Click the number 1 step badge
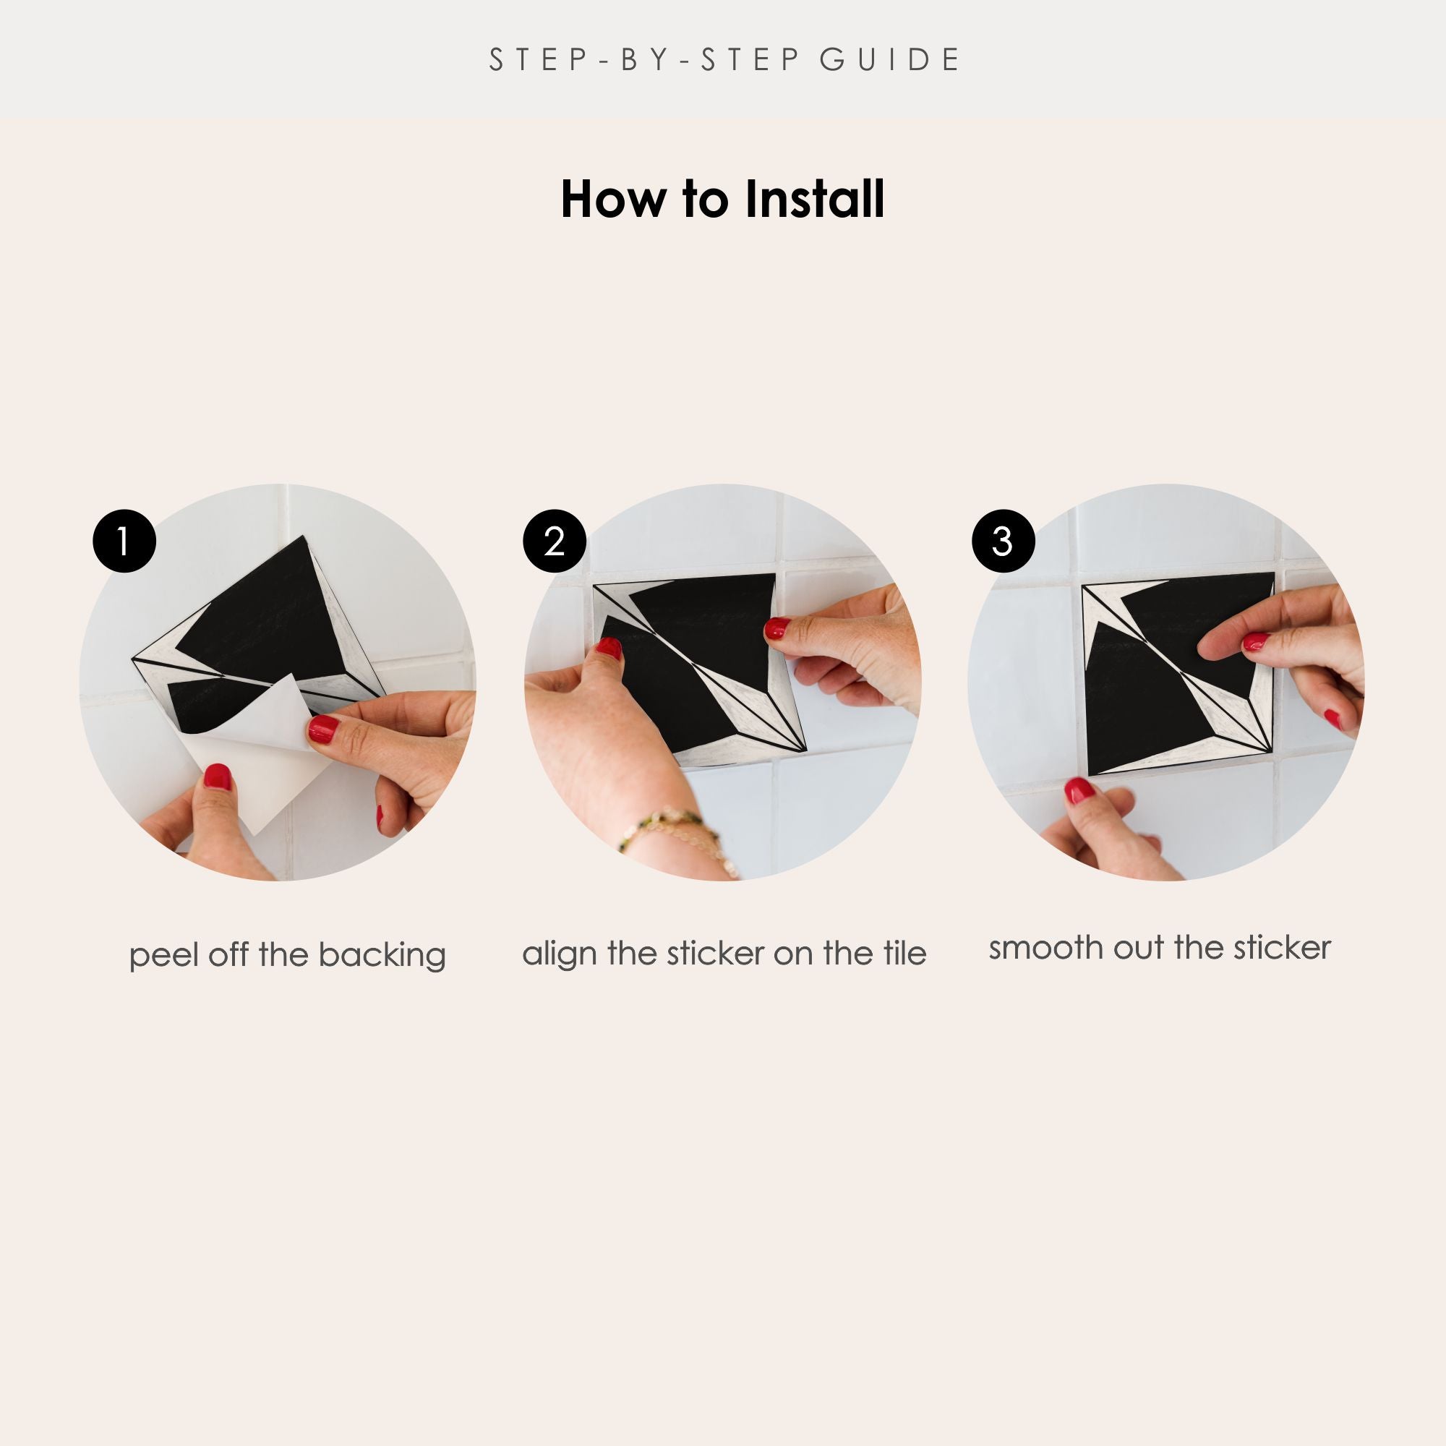tap(124, 541)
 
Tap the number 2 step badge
tap(555, 541)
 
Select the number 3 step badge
tap(1003, 541)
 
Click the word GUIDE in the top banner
tap(890, 60)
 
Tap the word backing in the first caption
tap(382, 957)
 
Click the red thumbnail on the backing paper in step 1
tap(217, 778)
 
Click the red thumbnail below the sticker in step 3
tap(1079, 790)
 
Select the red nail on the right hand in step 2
tap(777, 628)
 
